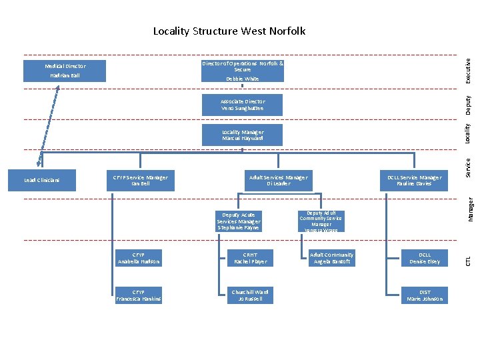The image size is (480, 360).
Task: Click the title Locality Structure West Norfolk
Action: [x=229, y=31]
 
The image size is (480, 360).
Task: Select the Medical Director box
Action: [x=65, y=71]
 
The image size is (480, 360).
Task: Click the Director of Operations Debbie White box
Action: [x=243, y=71]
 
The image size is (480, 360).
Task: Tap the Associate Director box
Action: [x=243, y=105]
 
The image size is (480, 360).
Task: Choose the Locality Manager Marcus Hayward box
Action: [x=243, y=135]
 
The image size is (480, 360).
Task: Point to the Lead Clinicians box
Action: [x=41, y=181]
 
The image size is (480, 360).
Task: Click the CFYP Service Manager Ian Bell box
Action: [x=140, y=181]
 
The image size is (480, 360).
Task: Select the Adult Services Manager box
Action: [x=278, y=181]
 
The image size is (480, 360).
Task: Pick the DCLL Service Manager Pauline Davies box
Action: [x=414, y=181]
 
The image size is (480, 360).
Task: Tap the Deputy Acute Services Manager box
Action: [x=238, y=221]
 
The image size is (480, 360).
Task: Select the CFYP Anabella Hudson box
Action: [x=138, y=258]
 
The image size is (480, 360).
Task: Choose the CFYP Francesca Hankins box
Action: [x=138, y=295]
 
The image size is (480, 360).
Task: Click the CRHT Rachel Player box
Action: [x=250, y=258]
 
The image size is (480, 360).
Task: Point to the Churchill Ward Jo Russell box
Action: [x=250, y=295]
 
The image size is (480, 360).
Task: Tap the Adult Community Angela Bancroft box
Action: [x=331, y=258]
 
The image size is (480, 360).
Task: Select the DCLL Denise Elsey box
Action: [x=425, y=258]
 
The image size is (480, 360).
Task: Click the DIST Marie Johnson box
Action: [x=425, y=295]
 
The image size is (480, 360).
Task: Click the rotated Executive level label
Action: [x=469, y=70]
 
